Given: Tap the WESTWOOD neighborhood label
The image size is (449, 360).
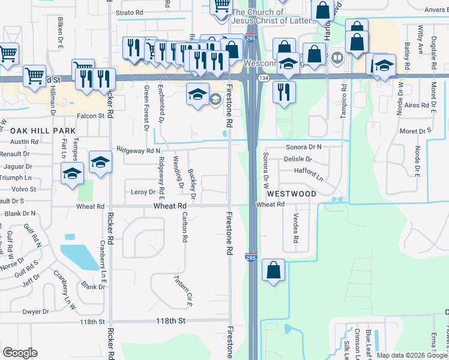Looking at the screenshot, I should [x=291, y=194].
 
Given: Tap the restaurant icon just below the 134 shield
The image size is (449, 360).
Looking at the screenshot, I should [x=284, y=92].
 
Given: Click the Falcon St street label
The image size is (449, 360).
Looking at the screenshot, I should [x=90, y=116].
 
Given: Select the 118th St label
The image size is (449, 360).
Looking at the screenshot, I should [x=92, y=322].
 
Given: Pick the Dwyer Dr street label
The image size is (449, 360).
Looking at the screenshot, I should [x=35, y=311].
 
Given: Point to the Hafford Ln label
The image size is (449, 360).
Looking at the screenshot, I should [x=309, y=175].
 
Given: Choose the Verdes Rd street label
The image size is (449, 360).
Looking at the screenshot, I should [x=295, y=227].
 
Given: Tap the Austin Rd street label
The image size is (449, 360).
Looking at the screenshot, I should [x=24, y=142].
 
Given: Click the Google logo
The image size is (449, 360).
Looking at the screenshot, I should [x=20, y=352].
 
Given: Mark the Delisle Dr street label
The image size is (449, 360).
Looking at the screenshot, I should [x=298, y=160].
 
